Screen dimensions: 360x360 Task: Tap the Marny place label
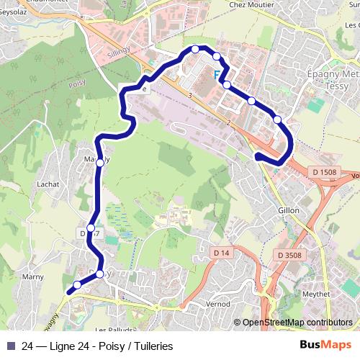(x=32, y=276)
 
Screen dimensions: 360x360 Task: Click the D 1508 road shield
(x=324, y=171)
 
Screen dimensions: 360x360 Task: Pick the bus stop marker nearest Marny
(x=77, y=284)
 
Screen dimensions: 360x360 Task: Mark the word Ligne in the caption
(x=68, y=346)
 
